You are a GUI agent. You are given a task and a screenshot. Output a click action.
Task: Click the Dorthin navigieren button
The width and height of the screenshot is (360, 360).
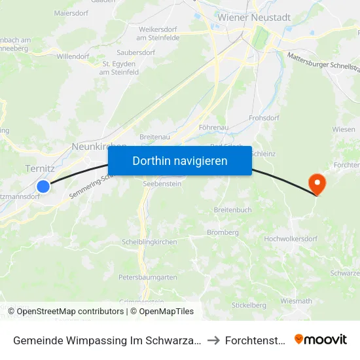click(x=179, y=160)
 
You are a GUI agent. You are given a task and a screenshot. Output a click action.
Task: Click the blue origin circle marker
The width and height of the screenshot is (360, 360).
click(x=43, y=187)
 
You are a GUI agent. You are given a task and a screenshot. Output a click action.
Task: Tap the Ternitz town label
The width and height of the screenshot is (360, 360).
click(x=39, y=169)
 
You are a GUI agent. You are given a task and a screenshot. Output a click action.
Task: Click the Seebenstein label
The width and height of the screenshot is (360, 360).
click(x=162, y=184)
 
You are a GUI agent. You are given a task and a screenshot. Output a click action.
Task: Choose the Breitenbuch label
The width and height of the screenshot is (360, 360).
click(x=232, y=210)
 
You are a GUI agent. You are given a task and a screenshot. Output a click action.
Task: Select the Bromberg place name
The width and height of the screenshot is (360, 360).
click(x=222, y=232)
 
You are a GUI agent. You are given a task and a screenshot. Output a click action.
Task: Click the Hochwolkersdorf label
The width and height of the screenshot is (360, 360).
click(x=291, y=239)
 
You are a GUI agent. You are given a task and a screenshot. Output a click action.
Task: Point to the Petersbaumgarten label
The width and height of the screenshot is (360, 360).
click(x=148, y=278)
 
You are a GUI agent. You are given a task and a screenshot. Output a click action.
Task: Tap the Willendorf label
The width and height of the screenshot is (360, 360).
click(x=73, y=57)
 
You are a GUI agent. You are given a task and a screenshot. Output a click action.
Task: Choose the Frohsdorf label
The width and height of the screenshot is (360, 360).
click(x=264, y=118)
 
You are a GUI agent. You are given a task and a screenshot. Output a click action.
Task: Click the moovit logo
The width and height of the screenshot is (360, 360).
click(x=321, y=339)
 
